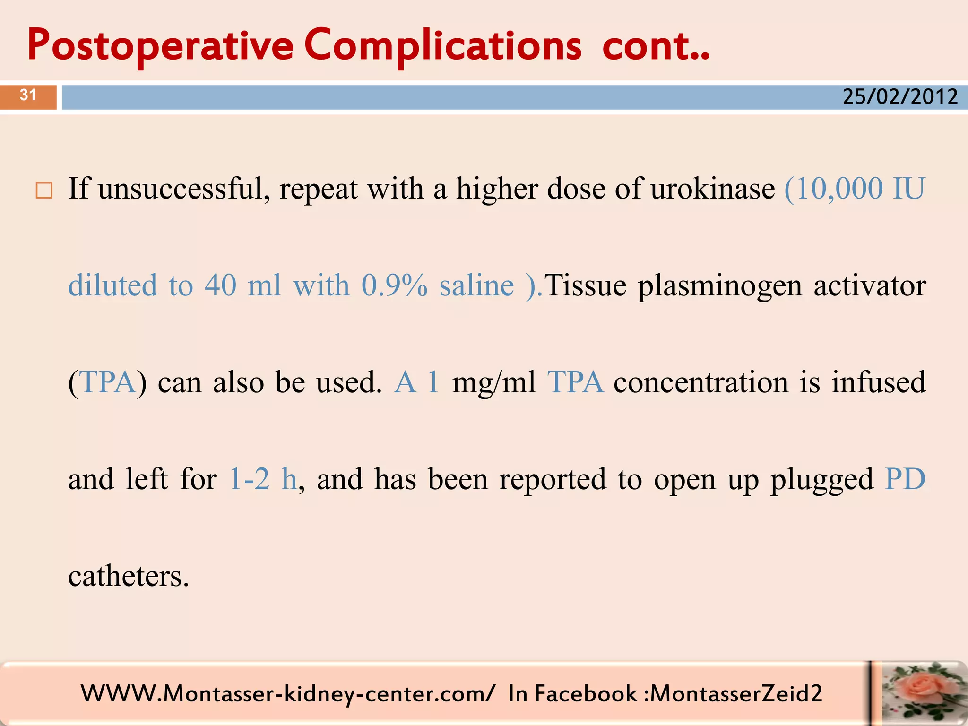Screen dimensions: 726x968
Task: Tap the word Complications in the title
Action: (x=443, y=46)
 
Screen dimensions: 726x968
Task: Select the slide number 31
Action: (x=28, y=95)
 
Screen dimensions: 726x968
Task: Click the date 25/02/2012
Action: (x=900, y=97)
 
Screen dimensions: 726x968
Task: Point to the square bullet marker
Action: (x=44, y=190)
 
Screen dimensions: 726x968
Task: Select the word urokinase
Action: (x=712, y=189)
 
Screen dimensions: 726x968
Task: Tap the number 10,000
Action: (x=839, y=189)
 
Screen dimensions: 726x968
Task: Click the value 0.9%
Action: (x=394, y=286)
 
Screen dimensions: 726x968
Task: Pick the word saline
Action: (x=476, y=286)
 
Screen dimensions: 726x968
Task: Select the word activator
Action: (x=870, y=286)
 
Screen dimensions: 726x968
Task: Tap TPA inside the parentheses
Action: (x=108, y=382)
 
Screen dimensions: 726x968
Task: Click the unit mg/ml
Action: (x=494, y=382)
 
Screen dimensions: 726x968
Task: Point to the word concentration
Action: (x=701, y=382)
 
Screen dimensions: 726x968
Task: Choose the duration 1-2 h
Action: (x=263, y=479)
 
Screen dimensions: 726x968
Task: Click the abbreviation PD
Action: (x=905, y=479)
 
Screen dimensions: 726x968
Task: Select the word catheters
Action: (x=128, y=576)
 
